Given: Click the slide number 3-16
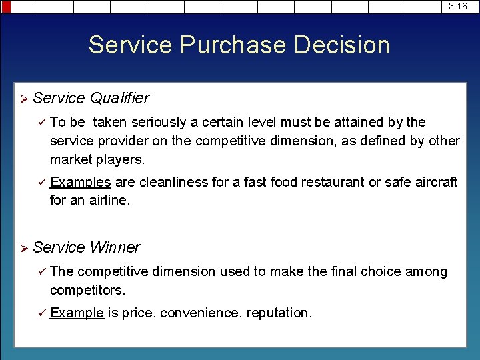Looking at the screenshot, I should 458,6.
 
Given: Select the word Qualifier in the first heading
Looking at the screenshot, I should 119,99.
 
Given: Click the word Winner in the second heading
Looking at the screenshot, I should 115,248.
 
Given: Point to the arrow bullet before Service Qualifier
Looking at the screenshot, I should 23,99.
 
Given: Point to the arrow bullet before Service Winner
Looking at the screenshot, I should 23,249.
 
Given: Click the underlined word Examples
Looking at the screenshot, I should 81,182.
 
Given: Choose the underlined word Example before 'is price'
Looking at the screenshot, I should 77,313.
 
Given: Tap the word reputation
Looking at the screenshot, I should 278,313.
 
